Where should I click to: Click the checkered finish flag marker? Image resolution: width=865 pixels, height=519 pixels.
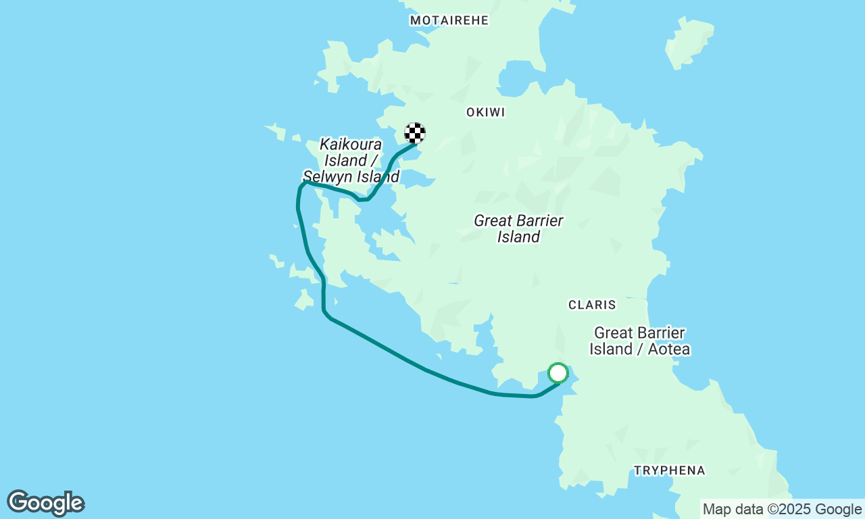[x=414, y=133]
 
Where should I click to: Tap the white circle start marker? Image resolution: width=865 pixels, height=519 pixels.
[x=558, y=373]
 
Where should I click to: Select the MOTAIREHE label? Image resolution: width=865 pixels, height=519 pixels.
[x=449, y=20]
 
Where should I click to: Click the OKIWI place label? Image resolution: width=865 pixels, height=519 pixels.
[x=485, y=112]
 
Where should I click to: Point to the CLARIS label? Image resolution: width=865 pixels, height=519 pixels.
[x=592, y=305]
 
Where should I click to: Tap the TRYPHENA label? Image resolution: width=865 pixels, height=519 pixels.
[x=669, y=470]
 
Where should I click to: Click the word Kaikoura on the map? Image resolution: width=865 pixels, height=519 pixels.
[x=351, y=144]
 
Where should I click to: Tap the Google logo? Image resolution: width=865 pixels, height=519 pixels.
[x=45, y=503]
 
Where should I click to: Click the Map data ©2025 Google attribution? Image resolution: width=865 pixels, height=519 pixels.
[x=782, y=510]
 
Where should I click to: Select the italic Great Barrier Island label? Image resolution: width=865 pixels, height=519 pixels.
[x=518, y=228]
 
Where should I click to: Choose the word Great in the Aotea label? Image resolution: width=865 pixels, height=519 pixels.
[x=613, y=333]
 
